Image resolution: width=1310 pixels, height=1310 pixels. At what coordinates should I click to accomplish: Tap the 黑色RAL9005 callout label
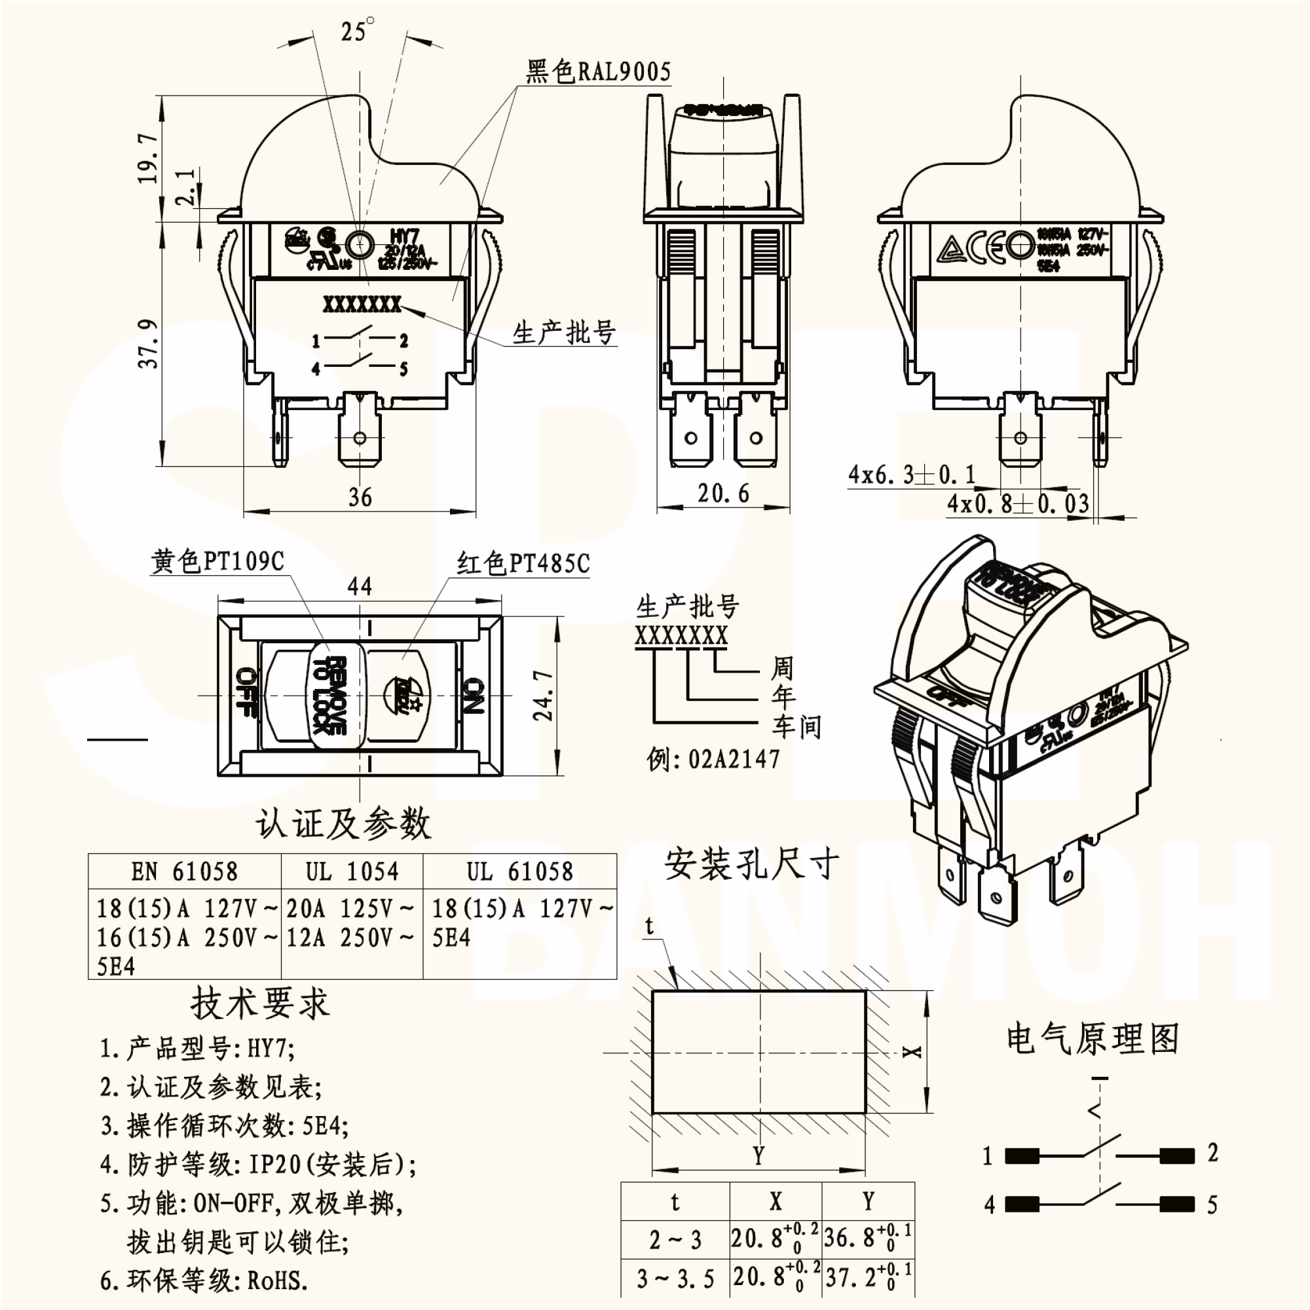point(598,71)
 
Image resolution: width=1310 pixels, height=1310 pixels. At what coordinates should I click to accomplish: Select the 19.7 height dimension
point(148,158)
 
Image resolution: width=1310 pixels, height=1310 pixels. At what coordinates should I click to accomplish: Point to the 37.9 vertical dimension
point(149,344)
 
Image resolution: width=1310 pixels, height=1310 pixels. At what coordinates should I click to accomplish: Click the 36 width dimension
point(360,497)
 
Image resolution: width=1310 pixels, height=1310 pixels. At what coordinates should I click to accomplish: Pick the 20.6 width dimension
point(724,493)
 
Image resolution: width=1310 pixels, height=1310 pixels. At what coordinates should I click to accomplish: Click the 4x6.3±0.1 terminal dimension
point(911,474)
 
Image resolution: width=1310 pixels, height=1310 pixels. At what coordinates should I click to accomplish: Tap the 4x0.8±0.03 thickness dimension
point(1017,503)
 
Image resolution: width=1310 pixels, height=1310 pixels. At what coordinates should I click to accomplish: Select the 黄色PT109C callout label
point(217,561)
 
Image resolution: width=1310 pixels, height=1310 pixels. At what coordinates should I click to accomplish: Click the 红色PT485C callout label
point(523,563)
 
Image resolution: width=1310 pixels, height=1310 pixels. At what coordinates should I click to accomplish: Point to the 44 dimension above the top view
point(360,586)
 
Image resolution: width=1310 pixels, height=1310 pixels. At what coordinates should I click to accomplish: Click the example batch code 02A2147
point(734,759)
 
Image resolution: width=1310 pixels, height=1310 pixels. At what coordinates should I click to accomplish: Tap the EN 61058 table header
point(185,871)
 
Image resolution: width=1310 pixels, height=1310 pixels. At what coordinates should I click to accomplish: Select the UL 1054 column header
point(352,871)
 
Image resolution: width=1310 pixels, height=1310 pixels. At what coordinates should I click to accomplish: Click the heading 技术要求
point(259,1003)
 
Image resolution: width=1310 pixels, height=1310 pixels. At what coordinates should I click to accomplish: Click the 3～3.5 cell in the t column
point(675,1279)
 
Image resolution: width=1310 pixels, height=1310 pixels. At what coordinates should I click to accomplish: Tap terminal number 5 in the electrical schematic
point(1212,1205)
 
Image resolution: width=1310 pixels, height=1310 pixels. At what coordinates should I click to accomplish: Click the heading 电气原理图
point(1093,1039)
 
